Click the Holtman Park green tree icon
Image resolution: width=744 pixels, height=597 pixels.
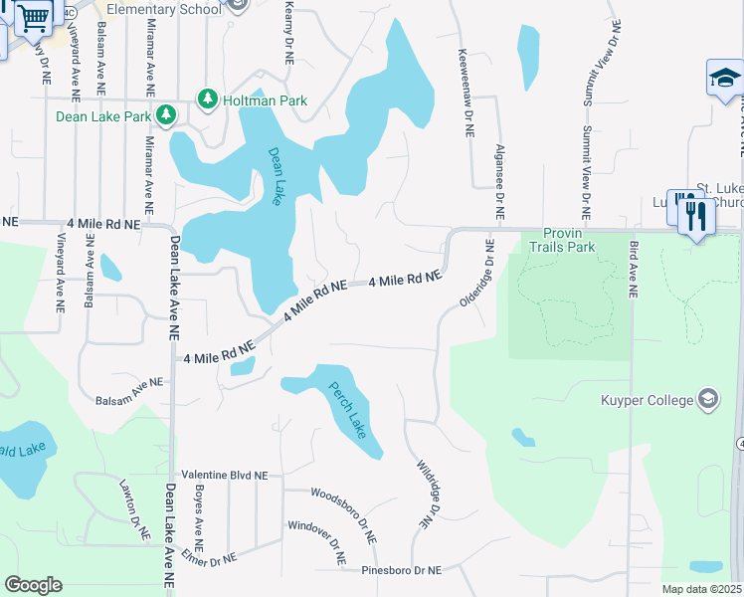207,99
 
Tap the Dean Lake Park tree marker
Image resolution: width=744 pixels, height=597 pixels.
167,116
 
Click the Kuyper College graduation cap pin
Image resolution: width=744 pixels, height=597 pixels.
707,401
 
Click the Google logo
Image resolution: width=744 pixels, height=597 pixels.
33,585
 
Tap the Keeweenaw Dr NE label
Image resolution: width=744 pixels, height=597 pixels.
465,92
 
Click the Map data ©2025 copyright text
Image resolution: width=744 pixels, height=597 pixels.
700,589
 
